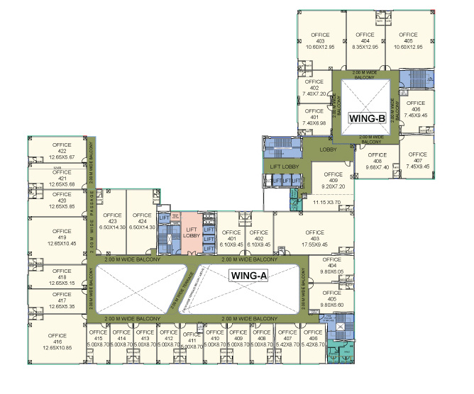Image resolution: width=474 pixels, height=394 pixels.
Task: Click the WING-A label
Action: coord(248,276)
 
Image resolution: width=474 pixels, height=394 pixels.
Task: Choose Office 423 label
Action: coord(113,220)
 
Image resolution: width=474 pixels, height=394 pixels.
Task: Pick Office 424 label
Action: coord(141,220)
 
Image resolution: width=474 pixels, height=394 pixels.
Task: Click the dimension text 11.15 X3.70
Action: coord(327,202)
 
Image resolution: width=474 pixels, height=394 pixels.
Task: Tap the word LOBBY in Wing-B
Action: coord(328,150)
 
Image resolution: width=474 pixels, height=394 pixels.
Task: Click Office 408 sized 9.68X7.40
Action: coord(377,160)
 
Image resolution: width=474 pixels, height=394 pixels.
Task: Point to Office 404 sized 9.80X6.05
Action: coord(331,267)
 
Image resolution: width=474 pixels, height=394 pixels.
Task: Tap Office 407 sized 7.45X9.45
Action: coord(417,160)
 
